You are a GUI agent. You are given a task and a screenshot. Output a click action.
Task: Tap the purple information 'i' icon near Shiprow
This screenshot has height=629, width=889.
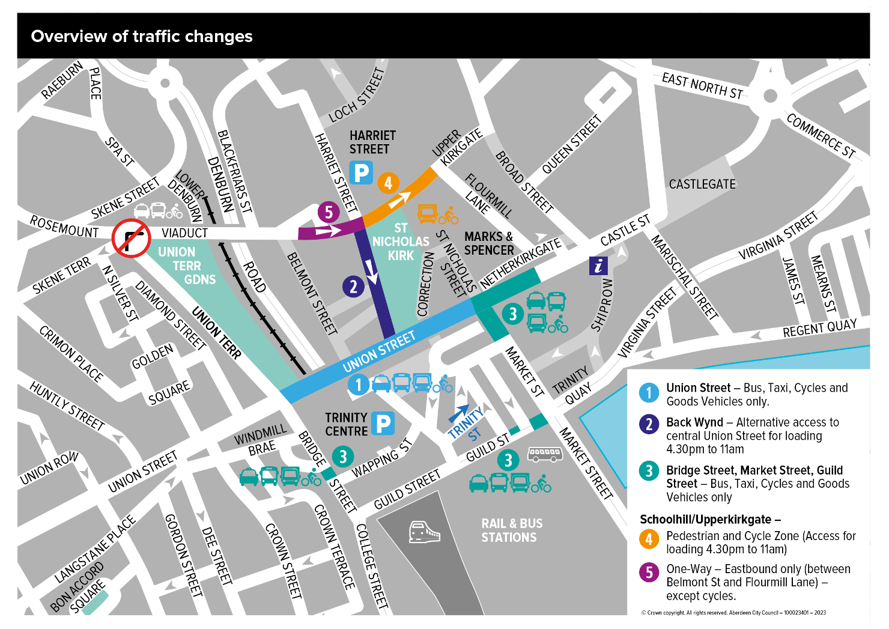coord(598,266)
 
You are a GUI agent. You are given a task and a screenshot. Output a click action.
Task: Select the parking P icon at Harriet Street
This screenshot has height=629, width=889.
coord(361,174)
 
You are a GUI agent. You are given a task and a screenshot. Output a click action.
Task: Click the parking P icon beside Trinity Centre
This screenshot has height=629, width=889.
coord(383,424)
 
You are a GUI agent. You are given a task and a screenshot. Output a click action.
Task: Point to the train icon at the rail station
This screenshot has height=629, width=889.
coord(424,532)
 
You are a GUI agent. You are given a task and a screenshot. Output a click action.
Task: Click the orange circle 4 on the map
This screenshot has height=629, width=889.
coord(388,183)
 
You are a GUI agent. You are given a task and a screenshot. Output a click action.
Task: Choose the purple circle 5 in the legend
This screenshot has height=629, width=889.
coord(649,572)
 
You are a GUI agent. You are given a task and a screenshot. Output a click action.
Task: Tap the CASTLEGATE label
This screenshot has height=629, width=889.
coord(702,184)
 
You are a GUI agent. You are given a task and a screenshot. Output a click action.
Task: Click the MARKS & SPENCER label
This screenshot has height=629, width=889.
coord(489,243)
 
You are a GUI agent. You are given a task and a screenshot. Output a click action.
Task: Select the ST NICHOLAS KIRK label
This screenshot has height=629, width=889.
coord(401,242)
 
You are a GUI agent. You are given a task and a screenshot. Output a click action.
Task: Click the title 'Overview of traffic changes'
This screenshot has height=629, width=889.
coord(142,37)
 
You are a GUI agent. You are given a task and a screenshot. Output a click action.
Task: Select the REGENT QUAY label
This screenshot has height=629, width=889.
coord(819,328)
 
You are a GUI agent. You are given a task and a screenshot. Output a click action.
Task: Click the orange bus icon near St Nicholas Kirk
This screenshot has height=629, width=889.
coord(427,214)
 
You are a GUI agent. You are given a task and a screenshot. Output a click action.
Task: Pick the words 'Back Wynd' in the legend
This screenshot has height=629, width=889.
coord(694,422)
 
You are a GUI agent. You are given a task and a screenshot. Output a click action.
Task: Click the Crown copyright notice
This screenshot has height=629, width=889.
coord(733,613)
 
